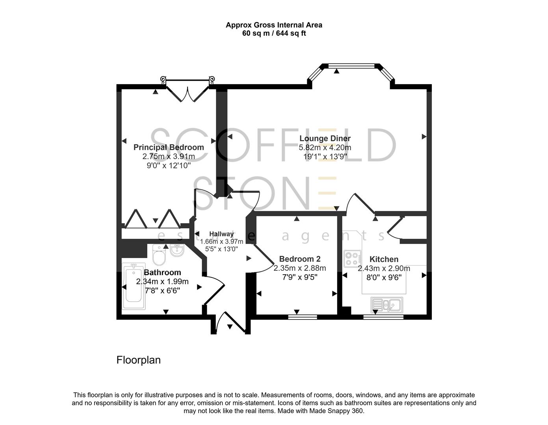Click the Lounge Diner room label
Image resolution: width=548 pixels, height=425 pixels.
(325, 139)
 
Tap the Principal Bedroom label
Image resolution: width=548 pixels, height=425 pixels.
(169, 147)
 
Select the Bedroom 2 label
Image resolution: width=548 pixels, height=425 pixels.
(299, 259)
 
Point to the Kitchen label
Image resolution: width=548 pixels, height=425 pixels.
(384, 259)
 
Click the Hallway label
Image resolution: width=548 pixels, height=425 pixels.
(221, 234)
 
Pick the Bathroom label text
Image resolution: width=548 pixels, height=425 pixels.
(162, 272)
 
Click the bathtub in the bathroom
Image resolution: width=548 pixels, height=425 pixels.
(134, 286)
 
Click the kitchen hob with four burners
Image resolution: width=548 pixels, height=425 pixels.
(352, 259)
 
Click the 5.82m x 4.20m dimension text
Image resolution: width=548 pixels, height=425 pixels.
(325, 148)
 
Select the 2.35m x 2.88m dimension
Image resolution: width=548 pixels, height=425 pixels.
(299, 268)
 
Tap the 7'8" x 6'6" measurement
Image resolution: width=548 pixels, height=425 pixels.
(162, 291)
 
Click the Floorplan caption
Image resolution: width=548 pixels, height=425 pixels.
(138, 360)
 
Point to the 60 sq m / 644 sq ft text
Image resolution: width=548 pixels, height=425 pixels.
(274, 33)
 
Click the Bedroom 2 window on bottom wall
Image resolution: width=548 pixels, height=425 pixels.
(303, 317)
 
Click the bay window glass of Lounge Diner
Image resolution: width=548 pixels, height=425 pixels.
(352, 66)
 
